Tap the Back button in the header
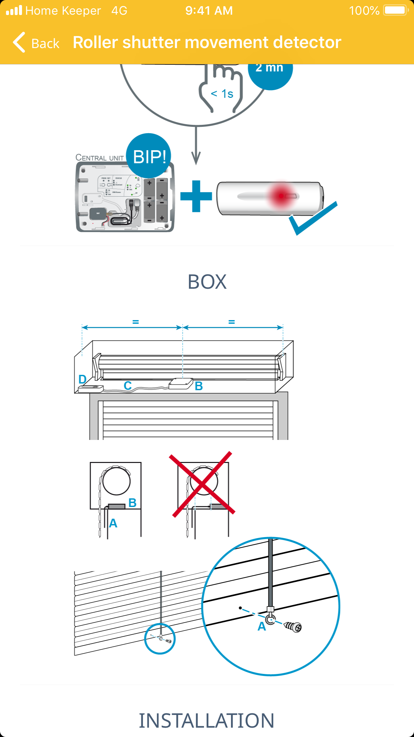pyautogui.click(x=36, y=43)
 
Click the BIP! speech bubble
pyautogui.click(x=149, y=156)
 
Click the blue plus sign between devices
pyautogui.click(x=196, y=196)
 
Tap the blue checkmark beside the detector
pyautogui.click(x=312, y=219)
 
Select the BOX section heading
pyautogui.click(x=207, y=282)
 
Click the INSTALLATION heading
pyautogui.click(x=207, y=721)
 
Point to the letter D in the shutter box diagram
pyautogui.click(x=82, y=379)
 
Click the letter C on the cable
pyautogui.click(x=128, y=386)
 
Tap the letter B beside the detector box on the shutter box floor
pyautogui.click(x=199, y=386)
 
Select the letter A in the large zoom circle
pyautogui.click(x=262, y=627)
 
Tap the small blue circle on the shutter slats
pyautogui.click(x=160, y=638)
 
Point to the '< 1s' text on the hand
pyautogui.click(x=222, y=94)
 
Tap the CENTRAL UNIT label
pyautogui.click(x=100, y=158)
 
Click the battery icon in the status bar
pyautogui.click(x=396, y=10)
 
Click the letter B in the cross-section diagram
pyautogui.click(x=132, y=503)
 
